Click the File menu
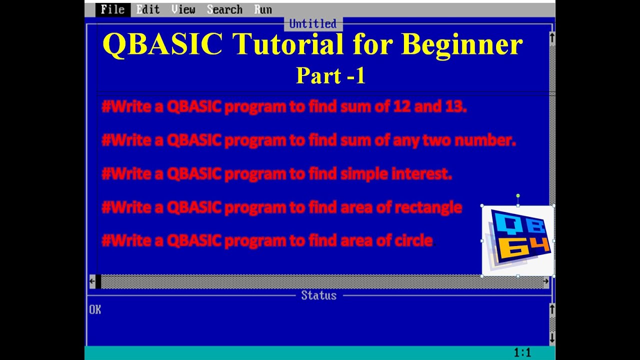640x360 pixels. pyautogui.click(x=112, y=9)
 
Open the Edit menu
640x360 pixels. pyautogui.click(x=148, y=9)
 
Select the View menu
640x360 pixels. pyautogui.click(x=183, y=9)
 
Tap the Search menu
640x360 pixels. pyautogui.click(x=224, y=9)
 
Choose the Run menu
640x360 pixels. pyautogui.click(x=263, y=9)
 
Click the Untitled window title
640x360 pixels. pyautogui.click(x=312, y=23)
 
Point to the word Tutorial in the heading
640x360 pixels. pyautogui.click(x=287, y=44)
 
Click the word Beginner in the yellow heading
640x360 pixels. pyautogui.click(x=461, y=44)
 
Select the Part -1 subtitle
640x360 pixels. pyautogui.click(x=330, y=75)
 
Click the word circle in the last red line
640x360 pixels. pyautogui.click(x=413, y=240)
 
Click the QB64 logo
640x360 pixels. pyautogui.click(x=518, y=240)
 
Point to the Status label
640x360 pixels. pyautogui.click(x=318, y=295)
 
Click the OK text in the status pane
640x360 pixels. pyautogui.click(x=95, y=310)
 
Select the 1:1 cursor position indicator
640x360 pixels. pyautogui.click(x=522, y=353)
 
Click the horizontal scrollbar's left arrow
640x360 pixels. pyautogui.click(x=92, y=281)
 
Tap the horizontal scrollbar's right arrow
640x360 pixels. pyautogui.click(x=545, y=281)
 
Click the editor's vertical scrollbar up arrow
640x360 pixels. pyautogui.click(x=552, y=37)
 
